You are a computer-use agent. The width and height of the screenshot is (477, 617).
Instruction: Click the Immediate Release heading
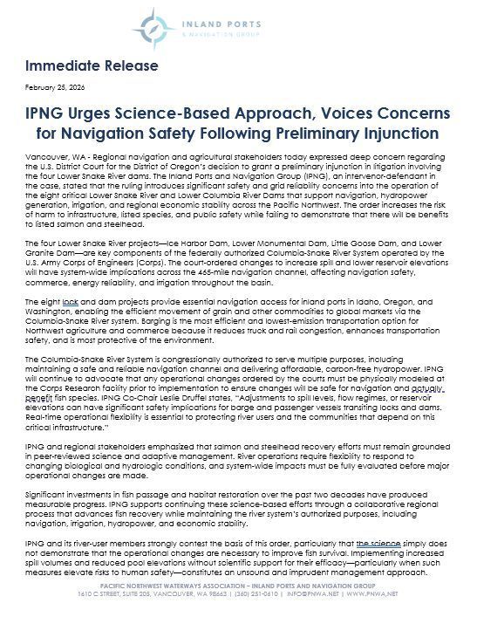[x=92, y=66]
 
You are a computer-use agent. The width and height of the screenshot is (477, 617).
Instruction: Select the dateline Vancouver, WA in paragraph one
[x=50, y=154]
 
